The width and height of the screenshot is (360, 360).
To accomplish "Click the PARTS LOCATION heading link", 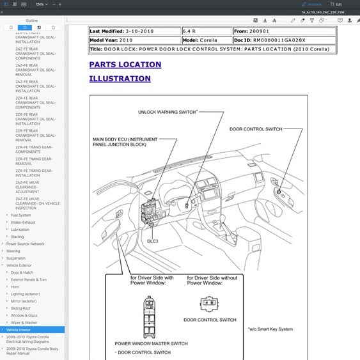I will (x=125, y=65).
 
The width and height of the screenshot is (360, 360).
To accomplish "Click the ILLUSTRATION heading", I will (x=120, y=79).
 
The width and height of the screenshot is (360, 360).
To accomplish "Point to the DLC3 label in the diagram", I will (x=152, y=241).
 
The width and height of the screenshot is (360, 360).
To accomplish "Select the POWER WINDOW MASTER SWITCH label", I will (x=151, y=343).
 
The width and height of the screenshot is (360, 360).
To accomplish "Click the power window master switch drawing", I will (x=151, y=315).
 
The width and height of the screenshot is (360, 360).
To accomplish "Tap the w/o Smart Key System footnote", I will (x=270, y=329).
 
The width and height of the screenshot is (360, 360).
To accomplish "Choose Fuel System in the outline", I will (x=20, y=215).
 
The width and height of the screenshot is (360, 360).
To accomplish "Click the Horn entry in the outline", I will (x=15, y=287).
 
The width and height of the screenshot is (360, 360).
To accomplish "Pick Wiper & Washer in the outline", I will (x=24, y=322).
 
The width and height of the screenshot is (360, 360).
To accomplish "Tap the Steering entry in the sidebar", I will (x=13, y=251).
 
